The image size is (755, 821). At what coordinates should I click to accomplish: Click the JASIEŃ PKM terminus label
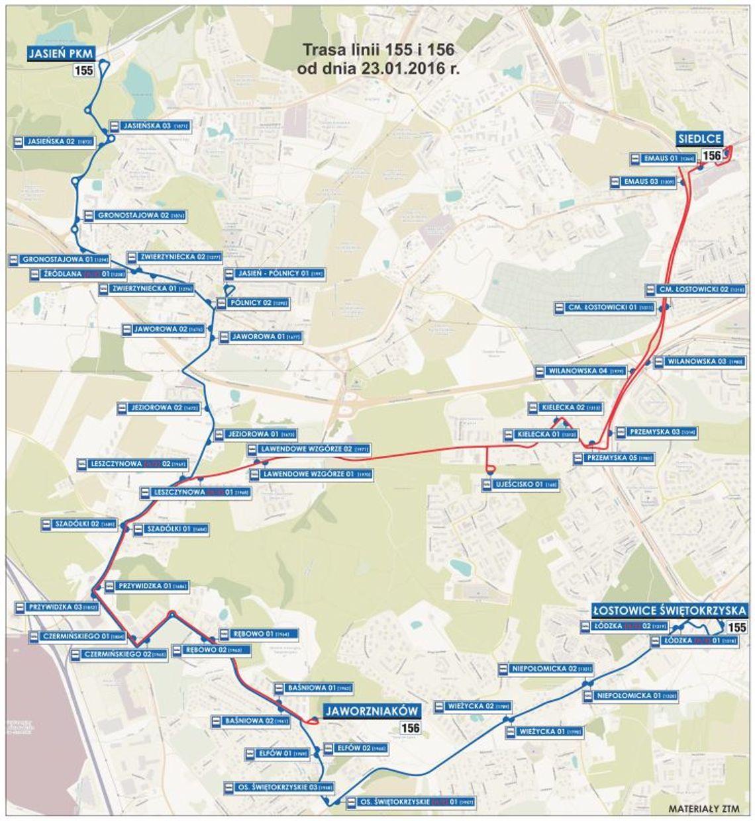tap(61, 54)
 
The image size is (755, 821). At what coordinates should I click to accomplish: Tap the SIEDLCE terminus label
tap(699, 139)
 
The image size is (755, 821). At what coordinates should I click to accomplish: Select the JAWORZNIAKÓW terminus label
tap(372, 711)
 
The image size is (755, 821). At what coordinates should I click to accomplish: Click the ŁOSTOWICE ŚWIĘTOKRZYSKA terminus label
tap(670, 610)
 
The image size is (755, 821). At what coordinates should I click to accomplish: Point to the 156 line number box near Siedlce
tap(712, 156)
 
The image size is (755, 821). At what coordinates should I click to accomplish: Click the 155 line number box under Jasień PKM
tap(83, 71)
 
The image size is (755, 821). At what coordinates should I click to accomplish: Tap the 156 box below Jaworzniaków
tap(410, 728)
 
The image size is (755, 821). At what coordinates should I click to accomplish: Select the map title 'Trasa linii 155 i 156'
tap(378, 50)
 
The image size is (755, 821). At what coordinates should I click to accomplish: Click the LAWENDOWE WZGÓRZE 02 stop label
tap(308, 449)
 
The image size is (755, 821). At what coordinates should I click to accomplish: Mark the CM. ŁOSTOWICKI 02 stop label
tap(695, 290)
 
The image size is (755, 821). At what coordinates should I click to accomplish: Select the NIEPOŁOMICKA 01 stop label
tap(630, 696)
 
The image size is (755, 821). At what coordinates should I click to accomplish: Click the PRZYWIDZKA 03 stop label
tap(56, 607)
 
